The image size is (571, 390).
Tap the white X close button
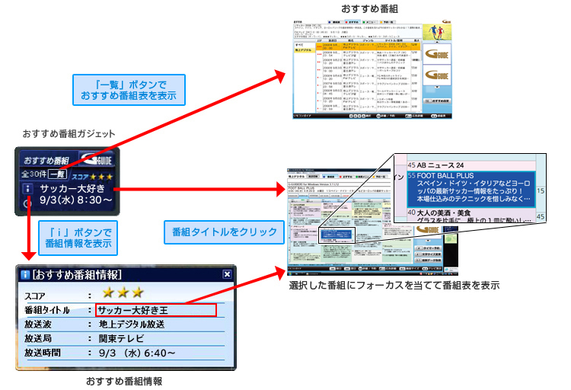point(227,274)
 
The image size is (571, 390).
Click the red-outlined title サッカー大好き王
point(156,310)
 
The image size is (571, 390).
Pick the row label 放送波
point(40,324)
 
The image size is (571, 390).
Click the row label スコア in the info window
point(36,294)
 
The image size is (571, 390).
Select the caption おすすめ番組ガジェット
point(69,134)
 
